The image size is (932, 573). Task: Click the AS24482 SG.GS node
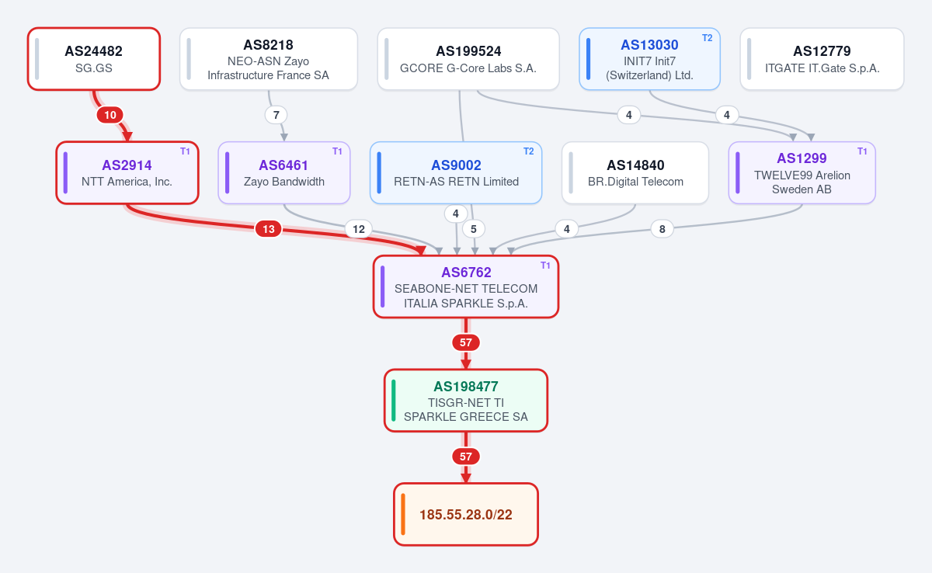94,59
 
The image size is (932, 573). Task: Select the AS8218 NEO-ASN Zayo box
269,59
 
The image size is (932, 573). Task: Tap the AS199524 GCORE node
468,59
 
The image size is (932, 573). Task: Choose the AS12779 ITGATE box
822,59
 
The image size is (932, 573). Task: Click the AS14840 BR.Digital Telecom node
635,172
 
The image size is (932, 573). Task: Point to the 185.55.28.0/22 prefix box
465,514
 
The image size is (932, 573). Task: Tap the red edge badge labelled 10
110,115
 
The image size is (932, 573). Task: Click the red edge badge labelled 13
269,229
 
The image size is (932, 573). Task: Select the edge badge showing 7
276,115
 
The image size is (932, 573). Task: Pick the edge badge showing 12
359,229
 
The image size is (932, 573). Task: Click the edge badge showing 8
662,229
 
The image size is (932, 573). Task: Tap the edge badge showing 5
474,229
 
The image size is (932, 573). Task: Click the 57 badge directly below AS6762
465,342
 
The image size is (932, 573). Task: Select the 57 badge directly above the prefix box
465,457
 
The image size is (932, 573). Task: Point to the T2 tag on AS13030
708,38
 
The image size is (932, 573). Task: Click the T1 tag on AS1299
862,151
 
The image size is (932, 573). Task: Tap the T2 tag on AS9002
528,151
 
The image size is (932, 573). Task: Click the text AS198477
465,387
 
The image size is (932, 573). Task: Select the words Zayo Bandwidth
283,182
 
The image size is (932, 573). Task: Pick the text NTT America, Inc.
127,182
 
